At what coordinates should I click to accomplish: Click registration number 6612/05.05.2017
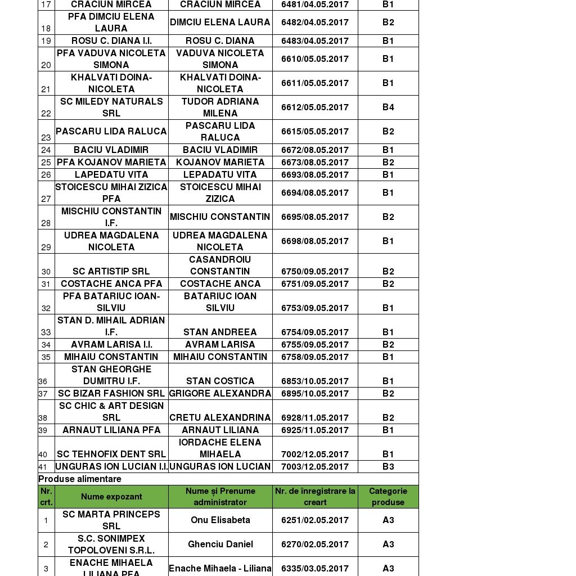coord(315,107)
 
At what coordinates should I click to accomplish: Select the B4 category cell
coord(388,107)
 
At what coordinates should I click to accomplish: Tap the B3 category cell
coord(388,467)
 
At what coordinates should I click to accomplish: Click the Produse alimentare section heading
coord(80,479)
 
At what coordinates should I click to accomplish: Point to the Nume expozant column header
coord(111,497)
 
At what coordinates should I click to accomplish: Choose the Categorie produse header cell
coord(388,497)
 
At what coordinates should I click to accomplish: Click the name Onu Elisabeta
coord(220,520)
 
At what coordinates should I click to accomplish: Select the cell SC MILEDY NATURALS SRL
coord(111,107)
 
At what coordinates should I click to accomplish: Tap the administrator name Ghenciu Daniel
coord(220,544)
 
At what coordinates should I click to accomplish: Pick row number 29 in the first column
coord(46,247)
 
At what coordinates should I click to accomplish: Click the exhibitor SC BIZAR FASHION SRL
coord(111,394)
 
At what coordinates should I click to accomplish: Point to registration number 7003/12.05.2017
coord(315,467)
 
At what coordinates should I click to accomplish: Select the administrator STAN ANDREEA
coord(220,332)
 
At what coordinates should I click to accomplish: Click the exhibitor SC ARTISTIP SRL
coord(111,272)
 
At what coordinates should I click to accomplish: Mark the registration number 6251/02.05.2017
coord(315,520)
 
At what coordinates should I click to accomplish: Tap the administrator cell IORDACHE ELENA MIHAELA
coord(220,448)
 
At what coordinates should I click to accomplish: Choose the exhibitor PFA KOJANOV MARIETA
coord(111,163)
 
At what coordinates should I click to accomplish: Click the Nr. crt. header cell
coord(46,497)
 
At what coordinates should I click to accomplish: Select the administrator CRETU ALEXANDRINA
coord(220,418)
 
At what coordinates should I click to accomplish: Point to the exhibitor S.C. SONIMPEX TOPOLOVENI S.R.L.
coord(111,544)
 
